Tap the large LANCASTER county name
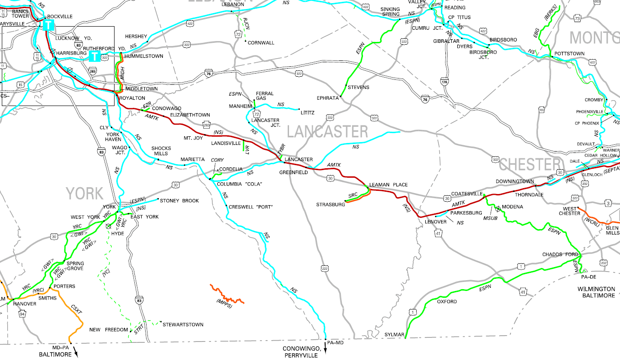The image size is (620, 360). [x=327, y=132]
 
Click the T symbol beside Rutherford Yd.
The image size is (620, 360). [x=95, y=56]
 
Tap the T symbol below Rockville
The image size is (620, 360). [x=49, y=25]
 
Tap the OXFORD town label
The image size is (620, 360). [x=447, y=301]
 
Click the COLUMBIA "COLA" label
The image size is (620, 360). [x=239, y=184]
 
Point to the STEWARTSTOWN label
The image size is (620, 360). [x=183, y=324]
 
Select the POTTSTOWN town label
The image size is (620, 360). [x=569, y=54]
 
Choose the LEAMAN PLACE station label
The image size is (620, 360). [x=388, y=185]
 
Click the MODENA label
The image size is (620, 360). [x=513, y=207]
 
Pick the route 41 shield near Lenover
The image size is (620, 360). [x=437, y=234]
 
